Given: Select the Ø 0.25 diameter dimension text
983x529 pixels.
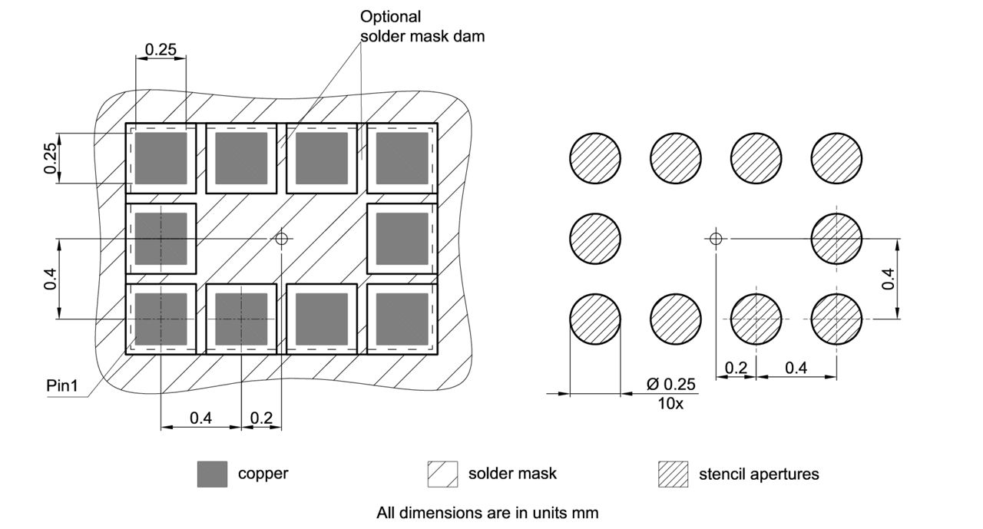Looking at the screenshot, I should pos(670,384).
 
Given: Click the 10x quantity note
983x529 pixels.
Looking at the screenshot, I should pos(670,403).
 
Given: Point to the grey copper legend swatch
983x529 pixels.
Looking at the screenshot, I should pos(212,474).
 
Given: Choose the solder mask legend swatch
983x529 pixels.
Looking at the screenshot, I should pos(442,474).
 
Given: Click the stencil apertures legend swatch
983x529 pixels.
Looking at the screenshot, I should pos(674,474).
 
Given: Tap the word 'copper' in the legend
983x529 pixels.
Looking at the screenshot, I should pos(263,474).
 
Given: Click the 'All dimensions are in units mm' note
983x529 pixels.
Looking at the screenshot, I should pos(487,511).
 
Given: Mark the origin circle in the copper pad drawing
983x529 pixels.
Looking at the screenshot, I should pos(282,239).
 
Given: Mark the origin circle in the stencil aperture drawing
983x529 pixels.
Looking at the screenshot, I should pos(716,238).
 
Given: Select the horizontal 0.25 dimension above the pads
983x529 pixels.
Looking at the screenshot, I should pos(161,50).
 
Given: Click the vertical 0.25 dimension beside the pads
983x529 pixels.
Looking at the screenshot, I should pos(51,158).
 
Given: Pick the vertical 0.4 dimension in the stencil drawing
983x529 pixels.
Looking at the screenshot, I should pos(889,278).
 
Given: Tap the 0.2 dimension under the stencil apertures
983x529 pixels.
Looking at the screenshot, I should pos(736,368).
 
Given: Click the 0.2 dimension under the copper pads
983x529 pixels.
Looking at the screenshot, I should pos(261,418).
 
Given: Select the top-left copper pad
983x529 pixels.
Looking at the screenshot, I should pos(161,158).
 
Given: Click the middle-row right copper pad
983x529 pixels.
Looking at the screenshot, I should pos(402,238).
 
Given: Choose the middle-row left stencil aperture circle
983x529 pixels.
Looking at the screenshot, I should pos(595,238).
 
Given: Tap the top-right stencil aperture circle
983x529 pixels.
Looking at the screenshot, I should pos(837,158).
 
